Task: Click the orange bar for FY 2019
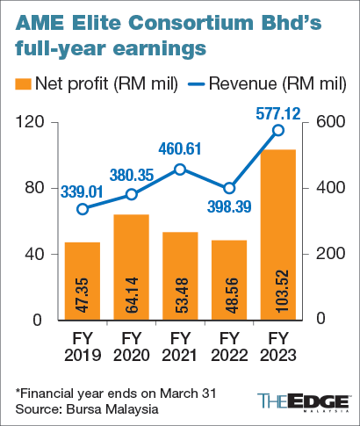83,281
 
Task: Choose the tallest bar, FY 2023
277,235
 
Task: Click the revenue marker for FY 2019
83,209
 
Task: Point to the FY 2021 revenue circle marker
180,170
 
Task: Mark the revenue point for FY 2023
277,130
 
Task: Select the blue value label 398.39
231,207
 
